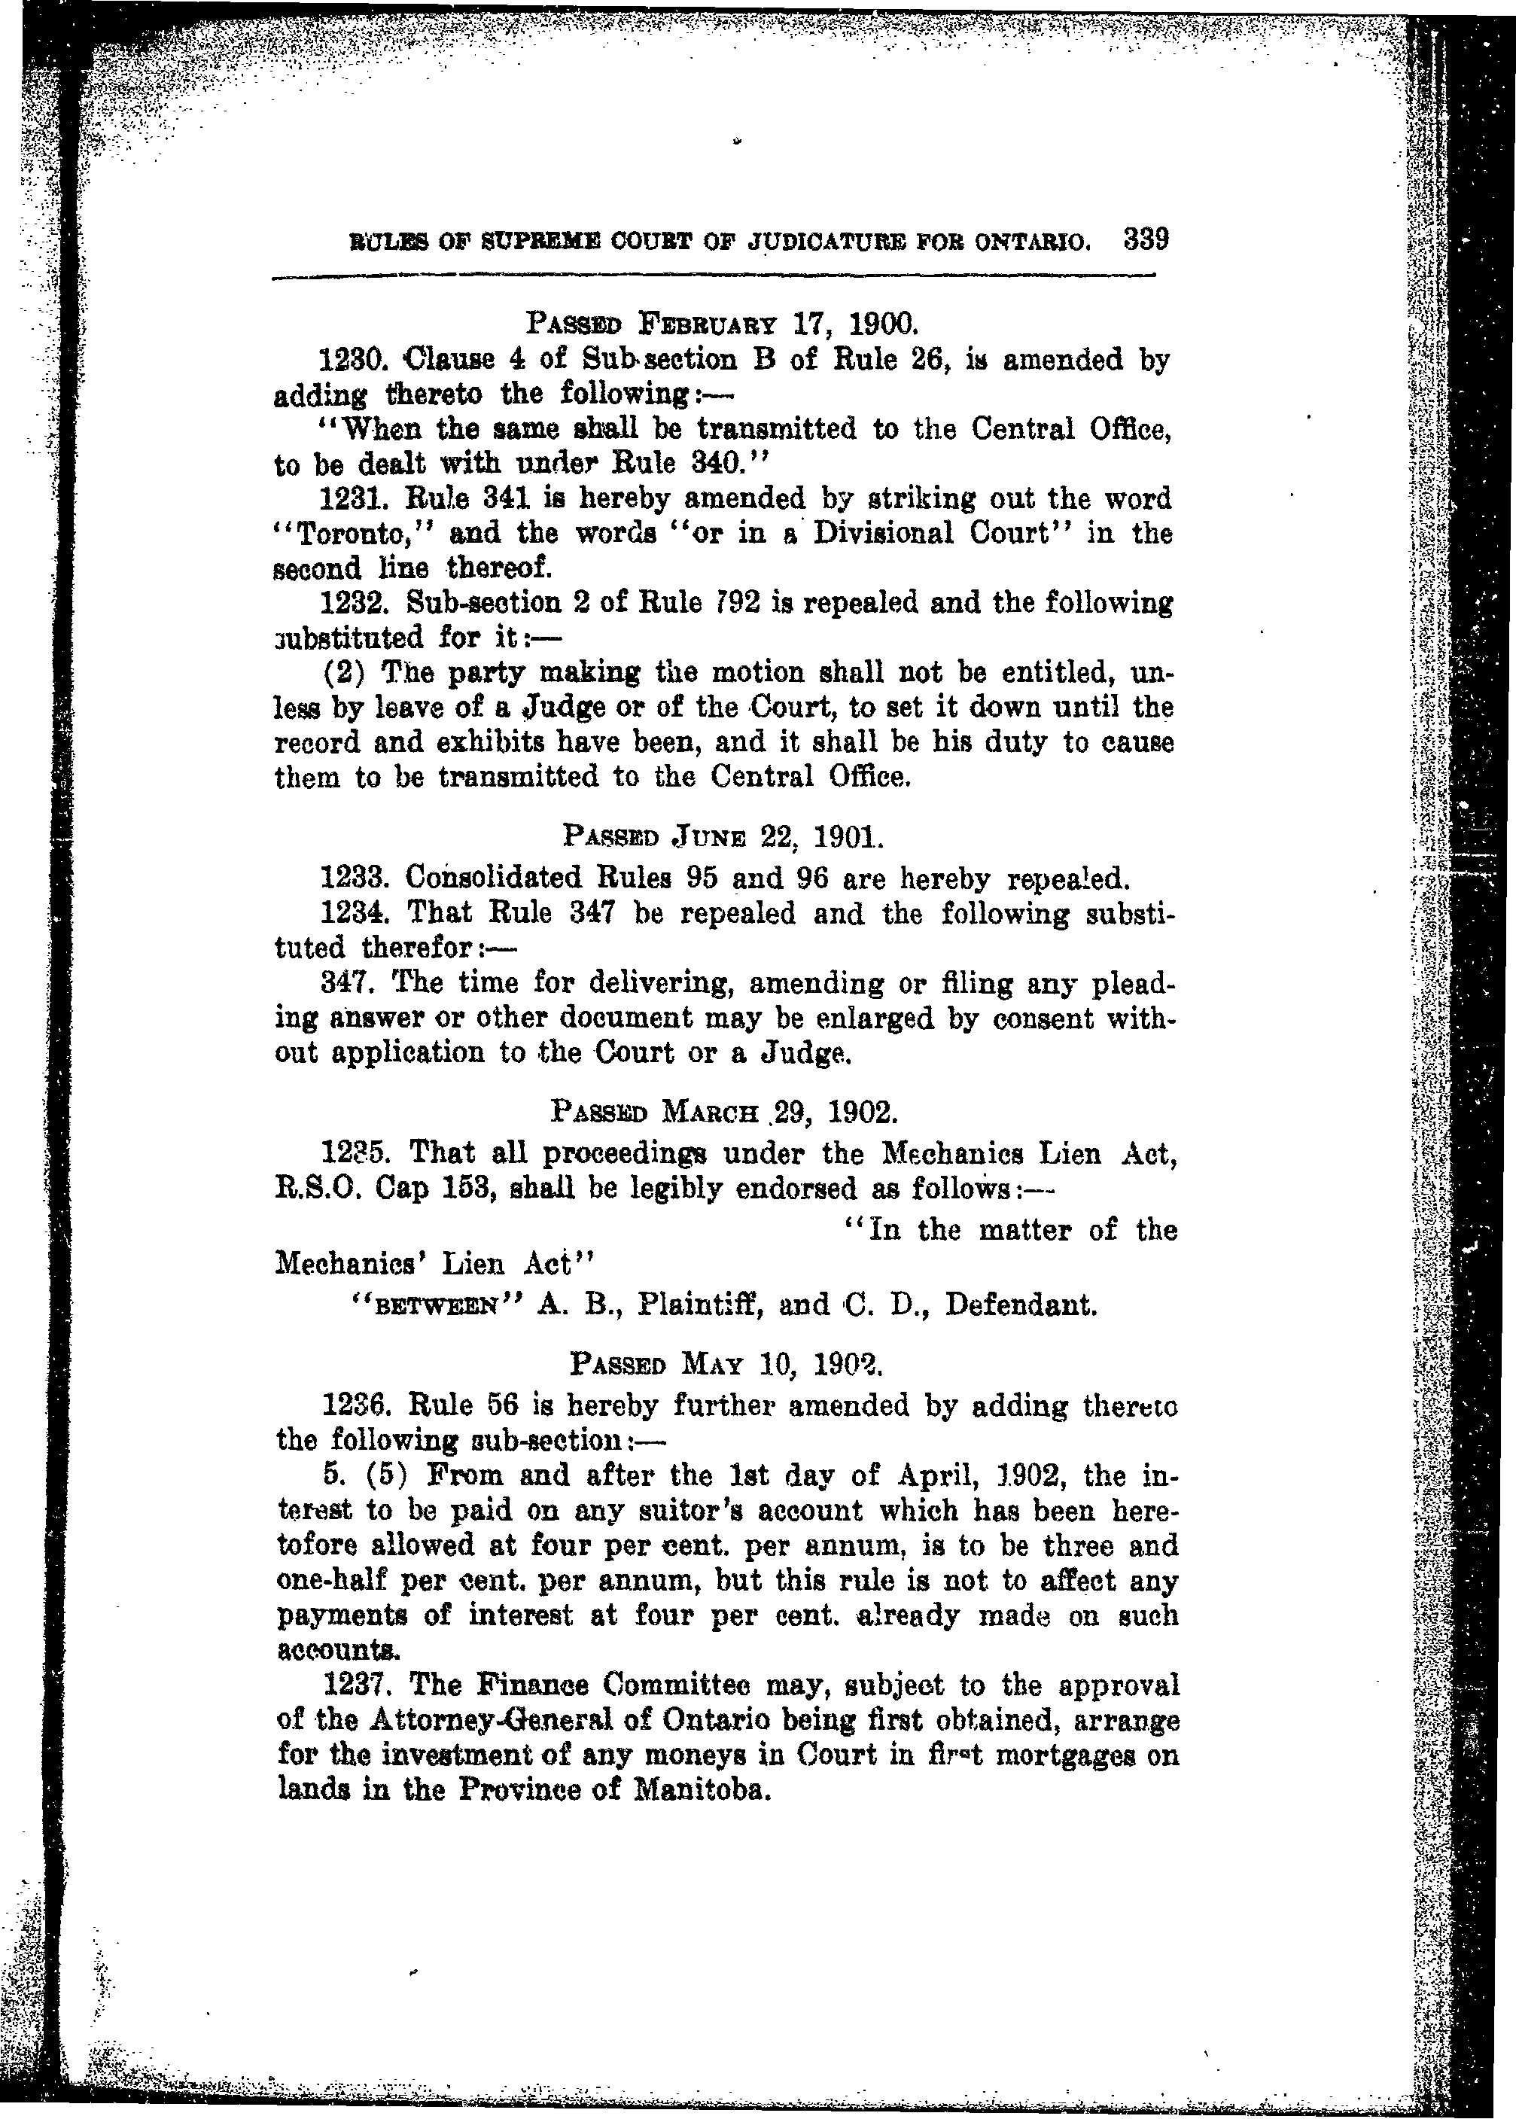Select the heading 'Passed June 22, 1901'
(x=723, y=836)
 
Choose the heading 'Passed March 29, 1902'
(x=723, y=1112)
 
